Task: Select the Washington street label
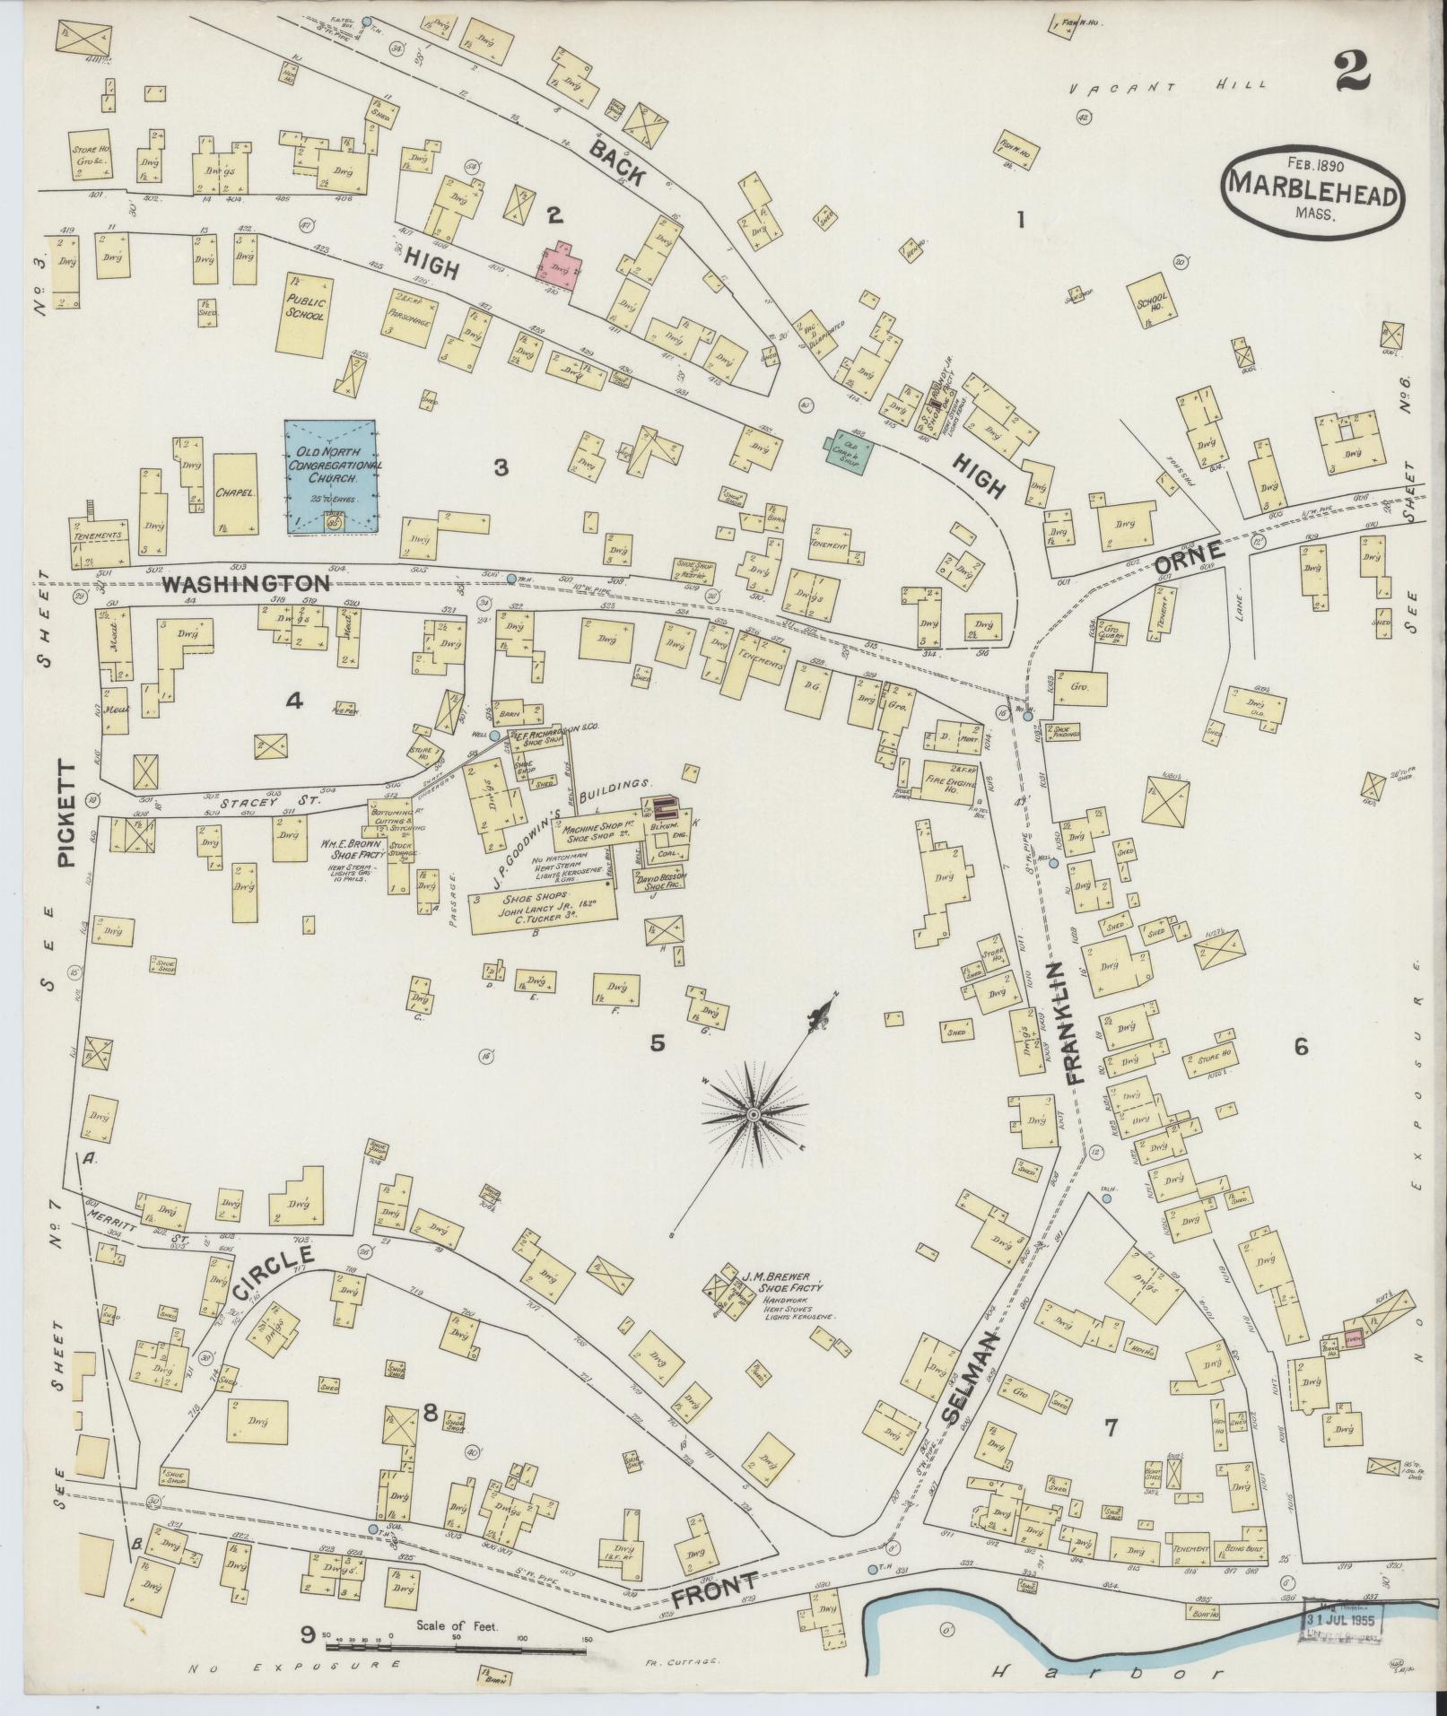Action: [247, 583]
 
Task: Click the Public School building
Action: [305, 310]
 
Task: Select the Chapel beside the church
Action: [235, 492]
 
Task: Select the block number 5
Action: [658, 1042]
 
